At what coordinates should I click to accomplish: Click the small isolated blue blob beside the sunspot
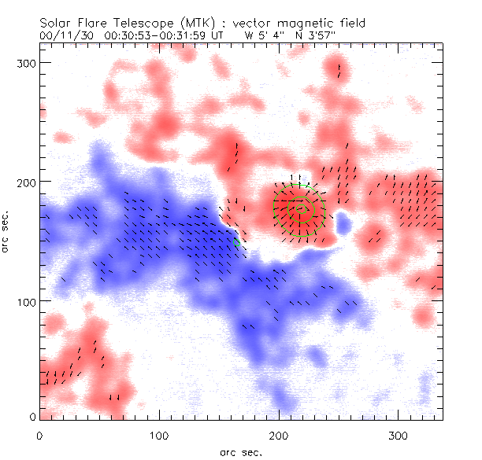point(343,225)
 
